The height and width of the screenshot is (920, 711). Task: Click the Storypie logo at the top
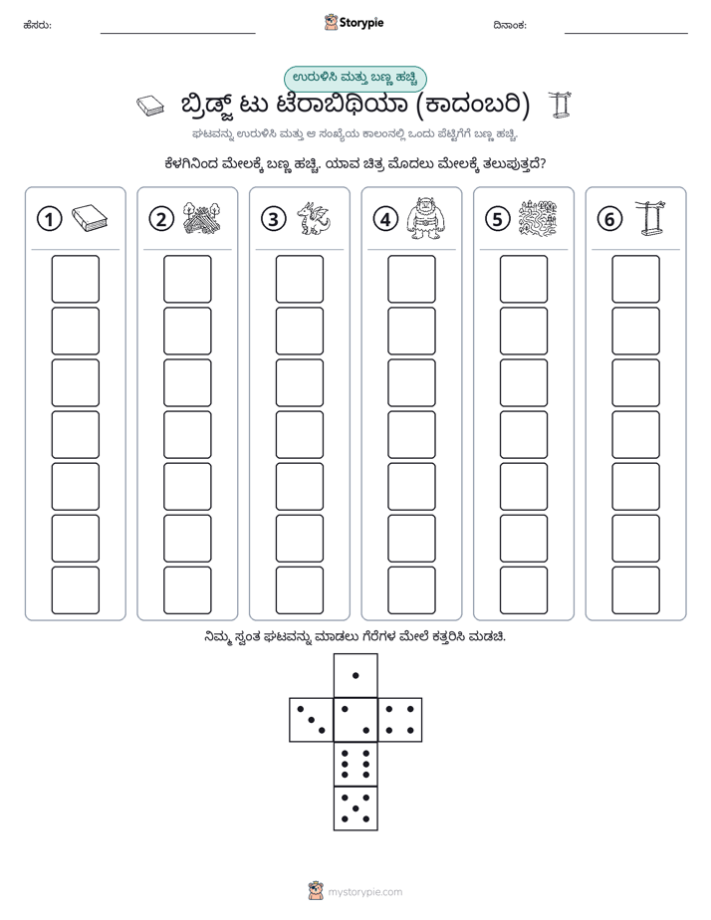(x=354, y=23)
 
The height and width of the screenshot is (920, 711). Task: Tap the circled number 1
(x=49, y=219)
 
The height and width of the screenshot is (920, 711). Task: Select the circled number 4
(x=385, y=219)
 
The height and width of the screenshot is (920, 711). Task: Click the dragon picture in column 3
(x=314, y=219)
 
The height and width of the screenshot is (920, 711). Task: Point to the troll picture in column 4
(x=425, y=218)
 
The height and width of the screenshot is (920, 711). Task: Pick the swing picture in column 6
(x=650, y=218)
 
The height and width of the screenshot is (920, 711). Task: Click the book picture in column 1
(x=90, y=218)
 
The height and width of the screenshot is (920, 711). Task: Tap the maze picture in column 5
(x=538, y=218)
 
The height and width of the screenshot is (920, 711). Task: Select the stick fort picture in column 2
(x=202, y=218)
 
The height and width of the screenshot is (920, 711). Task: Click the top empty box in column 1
(x=75, y=279)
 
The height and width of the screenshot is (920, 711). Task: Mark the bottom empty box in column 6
(x=636, y=590)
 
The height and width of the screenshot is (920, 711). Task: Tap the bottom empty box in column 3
(x=299, y=590)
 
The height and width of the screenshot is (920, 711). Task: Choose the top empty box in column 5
(x=524, y=279)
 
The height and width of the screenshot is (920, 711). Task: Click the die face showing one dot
(x=355, y=675)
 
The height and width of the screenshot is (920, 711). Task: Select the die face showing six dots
(x=355, y=764)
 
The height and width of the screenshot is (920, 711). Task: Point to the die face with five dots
(x=355, y=807)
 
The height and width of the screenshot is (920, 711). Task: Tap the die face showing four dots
(x=400, y=720)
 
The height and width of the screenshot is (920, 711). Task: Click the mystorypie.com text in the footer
(x=364, y=892)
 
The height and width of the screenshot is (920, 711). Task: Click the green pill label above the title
(x=355, y=79)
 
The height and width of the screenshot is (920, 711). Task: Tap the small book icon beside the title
(x=150, y=107)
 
